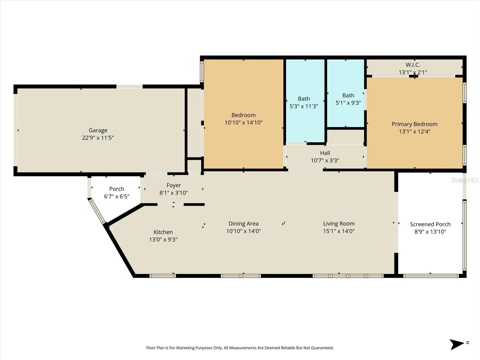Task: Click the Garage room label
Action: click(98, 130)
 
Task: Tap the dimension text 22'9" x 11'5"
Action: click(98, 138)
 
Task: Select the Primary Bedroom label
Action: click(414, 124)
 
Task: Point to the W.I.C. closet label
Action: click(413, 65)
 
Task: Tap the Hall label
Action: click(325, 153)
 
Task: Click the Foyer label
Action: click(174, 185)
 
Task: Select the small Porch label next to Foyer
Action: click(116, 189)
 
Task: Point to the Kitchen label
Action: click(163, 232)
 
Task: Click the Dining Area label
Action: click(243, 223)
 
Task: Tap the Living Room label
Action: click(339, 223)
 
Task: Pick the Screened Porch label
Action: click(430, 224)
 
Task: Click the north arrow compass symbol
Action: click(457, 344)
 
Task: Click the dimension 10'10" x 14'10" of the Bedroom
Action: click(243, 122)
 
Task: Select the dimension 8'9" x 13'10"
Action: click(430, 232)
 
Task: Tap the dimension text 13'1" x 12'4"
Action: click(414, 131)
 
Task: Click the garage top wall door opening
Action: click(129, 86)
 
